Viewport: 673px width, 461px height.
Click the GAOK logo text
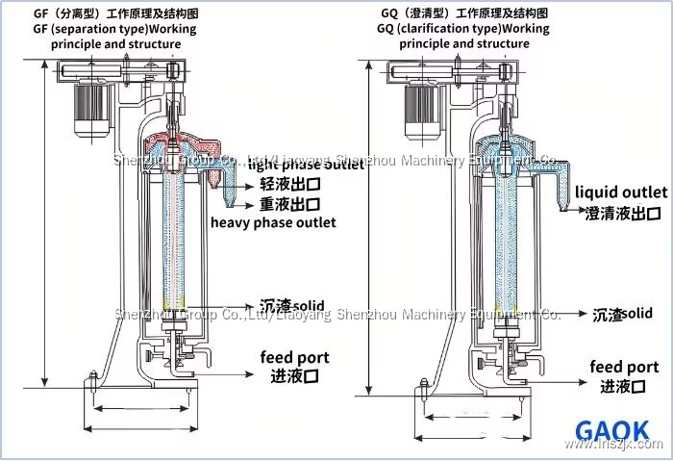tap(611, 430)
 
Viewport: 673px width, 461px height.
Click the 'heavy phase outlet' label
tap(273, 222)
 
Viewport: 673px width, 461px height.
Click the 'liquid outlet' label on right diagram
tap(621, 193)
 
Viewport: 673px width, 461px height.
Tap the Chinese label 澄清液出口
tap(623, 213)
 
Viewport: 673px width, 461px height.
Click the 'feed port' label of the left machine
tap(294, 357)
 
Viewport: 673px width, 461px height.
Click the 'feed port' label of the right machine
tap(624, 367)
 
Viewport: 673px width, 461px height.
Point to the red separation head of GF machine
tap(179, 148)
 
